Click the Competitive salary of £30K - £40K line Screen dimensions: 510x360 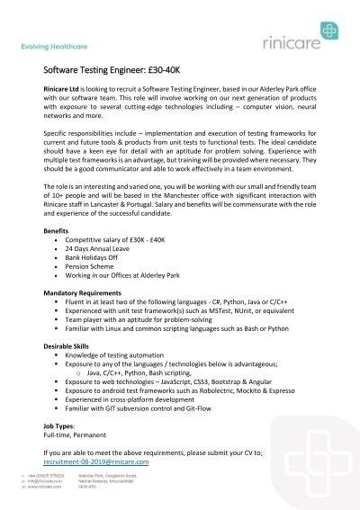(x=121, y=241)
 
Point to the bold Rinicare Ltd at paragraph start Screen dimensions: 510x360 (x=64, y=92)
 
